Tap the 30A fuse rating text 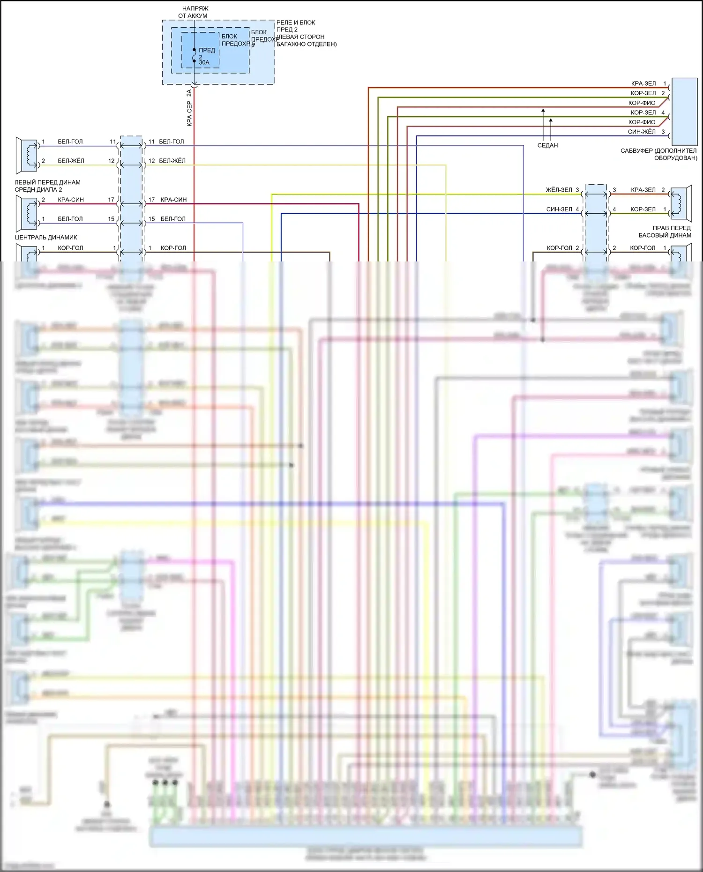coord(204,63)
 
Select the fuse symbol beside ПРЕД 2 coord(194,55)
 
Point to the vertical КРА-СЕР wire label coord(189,113)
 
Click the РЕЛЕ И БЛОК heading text coord(295,22)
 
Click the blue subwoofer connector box coord(684,112)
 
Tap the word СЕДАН coord(547,145)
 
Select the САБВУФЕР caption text coord(658,154)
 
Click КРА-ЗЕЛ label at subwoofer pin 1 coord(643,83)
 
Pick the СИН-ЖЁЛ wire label coord(642,132)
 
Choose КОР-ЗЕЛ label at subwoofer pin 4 coord(643,112)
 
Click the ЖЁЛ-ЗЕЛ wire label coord(559,190)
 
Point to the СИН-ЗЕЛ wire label coord(559,209)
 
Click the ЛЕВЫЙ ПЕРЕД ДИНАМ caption coord(47,186)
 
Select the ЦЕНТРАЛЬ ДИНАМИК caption coord(46,237)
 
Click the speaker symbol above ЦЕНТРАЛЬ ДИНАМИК coord(27,213)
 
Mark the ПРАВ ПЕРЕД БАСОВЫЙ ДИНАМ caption coord(665,231)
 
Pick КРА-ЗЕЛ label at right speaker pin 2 coord(643,190)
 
